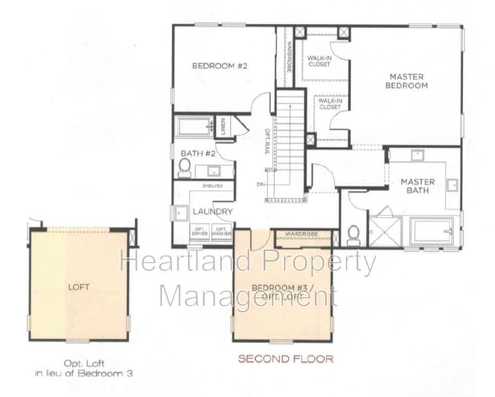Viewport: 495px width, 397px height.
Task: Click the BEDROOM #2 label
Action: tap(220, 66)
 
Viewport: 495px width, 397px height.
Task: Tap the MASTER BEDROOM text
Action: tap(407, 81)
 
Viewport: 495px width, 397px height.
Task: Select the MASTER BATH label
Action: tap(417, 186)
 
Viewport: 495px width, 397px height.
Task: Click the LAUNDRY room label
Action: tap(212, 211)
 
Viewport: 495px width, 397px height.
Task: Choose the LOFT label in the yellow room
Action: tap(78, 287)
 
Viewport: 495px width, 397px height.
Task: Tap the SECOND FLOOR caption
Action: tap(285, 358)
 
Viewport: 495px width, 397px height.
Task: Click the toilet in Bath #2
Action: tap(184, 167)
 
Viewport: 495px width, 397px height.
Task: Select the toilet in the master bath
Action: tap(353, 234)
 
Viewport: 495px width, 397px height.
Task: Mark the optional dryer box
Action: tap(200, 231)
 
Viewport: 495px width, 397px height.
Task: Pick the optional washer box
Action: tap(222, 231)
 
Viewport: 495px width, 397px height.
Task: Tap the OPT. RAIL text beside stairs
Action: tap(267, 140)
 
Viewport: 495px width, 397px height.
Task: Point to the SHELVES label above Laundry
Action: tap(212, 185)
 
